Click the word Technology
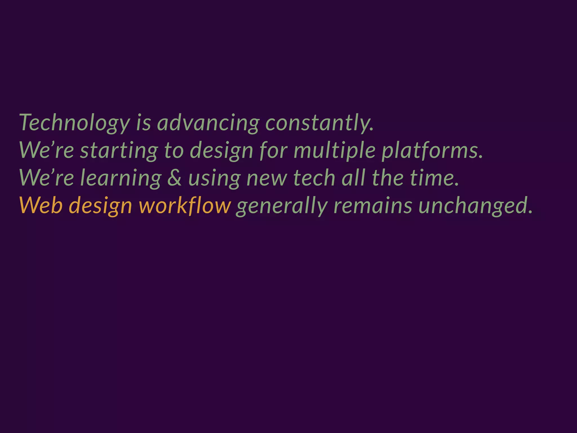(x=75, y=123)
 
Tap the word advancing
(x=208, y=123)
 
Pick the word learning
(x=121, y=178)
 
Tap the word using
(x=214, y=178)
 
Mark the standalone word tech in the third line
(x=314, y=178)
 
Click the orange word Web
(x=41, y=206)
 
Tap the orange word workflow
(x=185, y=206)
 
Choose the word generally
(x=282, y=206)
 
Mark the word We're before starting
(x=47, y=150)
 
